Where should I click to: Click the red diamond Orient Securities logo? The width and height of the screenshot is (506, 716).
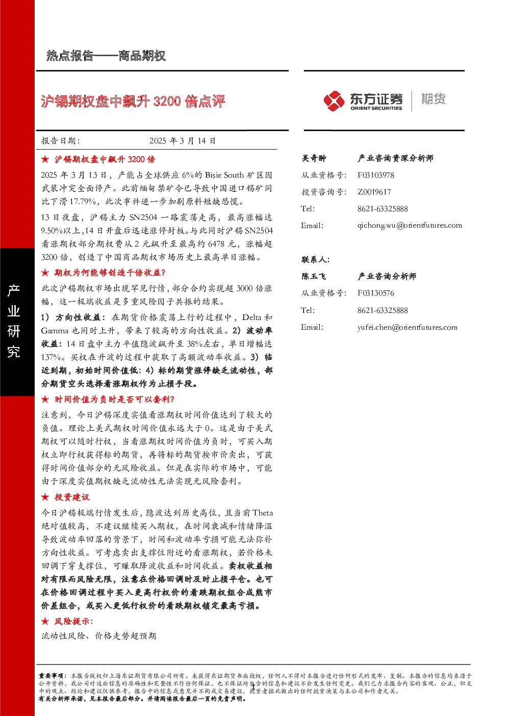tap(334, 101)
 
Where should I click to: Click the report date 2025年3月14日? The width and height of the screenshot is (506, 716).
tap(183, 141)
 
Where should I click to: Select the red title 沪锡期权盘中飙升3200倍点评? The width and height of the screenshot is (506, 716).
tap(133, 102)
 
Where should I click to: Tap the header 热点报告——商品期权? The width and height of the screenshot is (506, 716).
tap(106, 56)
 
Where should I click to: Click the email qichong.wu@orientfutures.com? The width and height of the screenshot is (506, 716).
tap(410, 226)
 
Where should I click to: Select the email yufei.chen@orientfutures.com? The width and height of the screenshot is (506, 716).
tap(407, 327)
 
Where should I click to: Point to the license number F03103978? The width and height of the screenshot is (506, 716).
tap(375, 175)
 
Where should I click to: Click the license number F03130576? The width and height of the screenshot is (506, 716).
tap(375, 293)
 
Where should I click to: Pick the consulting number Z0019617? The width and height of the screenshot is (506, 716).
tap(374, 192)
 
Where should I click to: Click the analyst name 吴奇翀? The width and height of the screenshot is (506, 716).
tap(314, 158)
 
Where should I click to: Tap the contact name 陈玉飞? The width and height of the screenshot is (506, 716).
tap(314, 276)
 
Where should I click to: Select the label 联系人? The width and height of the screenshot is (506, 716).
tap(315, 260)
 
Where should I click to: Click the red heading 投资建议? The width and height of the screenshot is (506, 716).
tap(72, 497)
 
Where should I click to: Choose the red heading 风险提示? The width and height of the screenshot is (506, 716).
tap(74, 622)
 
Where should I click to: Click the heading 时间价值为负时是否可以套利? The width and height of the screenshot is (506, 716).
tap(114, 399)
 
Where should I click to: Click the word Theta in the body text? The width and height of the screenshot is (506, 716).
tap(263, 513)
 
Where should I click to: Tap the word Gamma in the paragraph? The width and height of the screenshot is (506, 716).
tap(55, 331)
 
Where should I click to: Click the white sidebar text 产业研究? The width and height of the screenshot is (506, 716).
tap(14, 320)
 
